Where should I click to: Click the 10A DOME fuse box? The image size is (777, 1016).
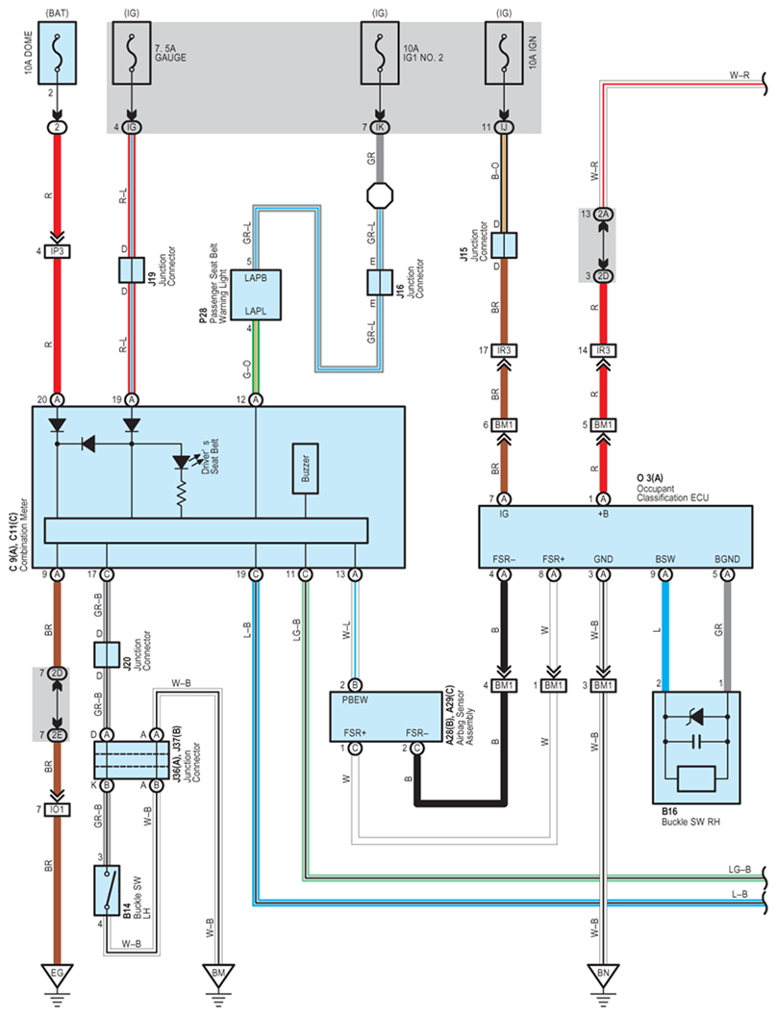click(58, 53)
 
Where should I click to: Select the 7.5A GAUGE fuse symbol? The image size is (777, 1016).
click(132, 53)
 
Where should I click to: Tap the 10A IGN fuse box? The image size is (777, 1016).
click(504, 53)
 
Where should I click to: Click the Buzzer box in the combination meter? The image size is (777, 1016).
click(305, 469)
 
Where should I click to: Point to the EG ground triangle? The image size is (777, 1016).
click(58, 974)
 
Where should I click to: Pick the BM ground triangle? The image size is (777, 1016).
click(219, 974)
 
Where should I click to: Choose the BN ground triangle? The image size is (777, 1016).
click(603, 974)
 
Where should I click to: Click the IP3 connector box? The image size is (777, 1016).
click(58, 251)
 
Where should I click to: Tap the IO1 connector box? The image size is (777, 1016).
click(58, 810)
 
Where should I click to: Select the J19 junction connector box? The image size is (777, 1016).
click(132, 269)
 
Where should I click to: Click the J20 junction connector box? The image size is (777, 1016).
click(107, 655)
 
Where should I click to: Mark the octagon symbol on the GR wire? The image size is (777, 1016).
click(380, 195)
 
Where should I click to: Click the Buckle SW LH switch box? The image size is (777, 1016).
click(107, 890)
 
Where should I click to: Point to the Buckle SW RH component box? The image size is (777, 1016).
click(696, 748)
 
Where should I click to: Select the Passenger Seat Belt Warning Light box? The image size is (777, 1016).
click(257, 294)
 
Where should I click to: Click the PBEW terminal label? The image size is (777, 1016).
click(355, 700)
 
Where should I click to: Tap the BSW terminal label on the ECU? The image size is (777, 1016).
click(665, 559)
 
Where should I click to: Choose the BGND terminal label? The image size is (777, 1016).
click(727, 559)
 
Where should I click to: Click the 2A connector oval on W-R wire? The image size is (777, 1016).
click(604, 214)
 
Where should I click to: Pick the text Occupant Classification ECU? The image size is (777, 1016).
click(672, 494)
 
